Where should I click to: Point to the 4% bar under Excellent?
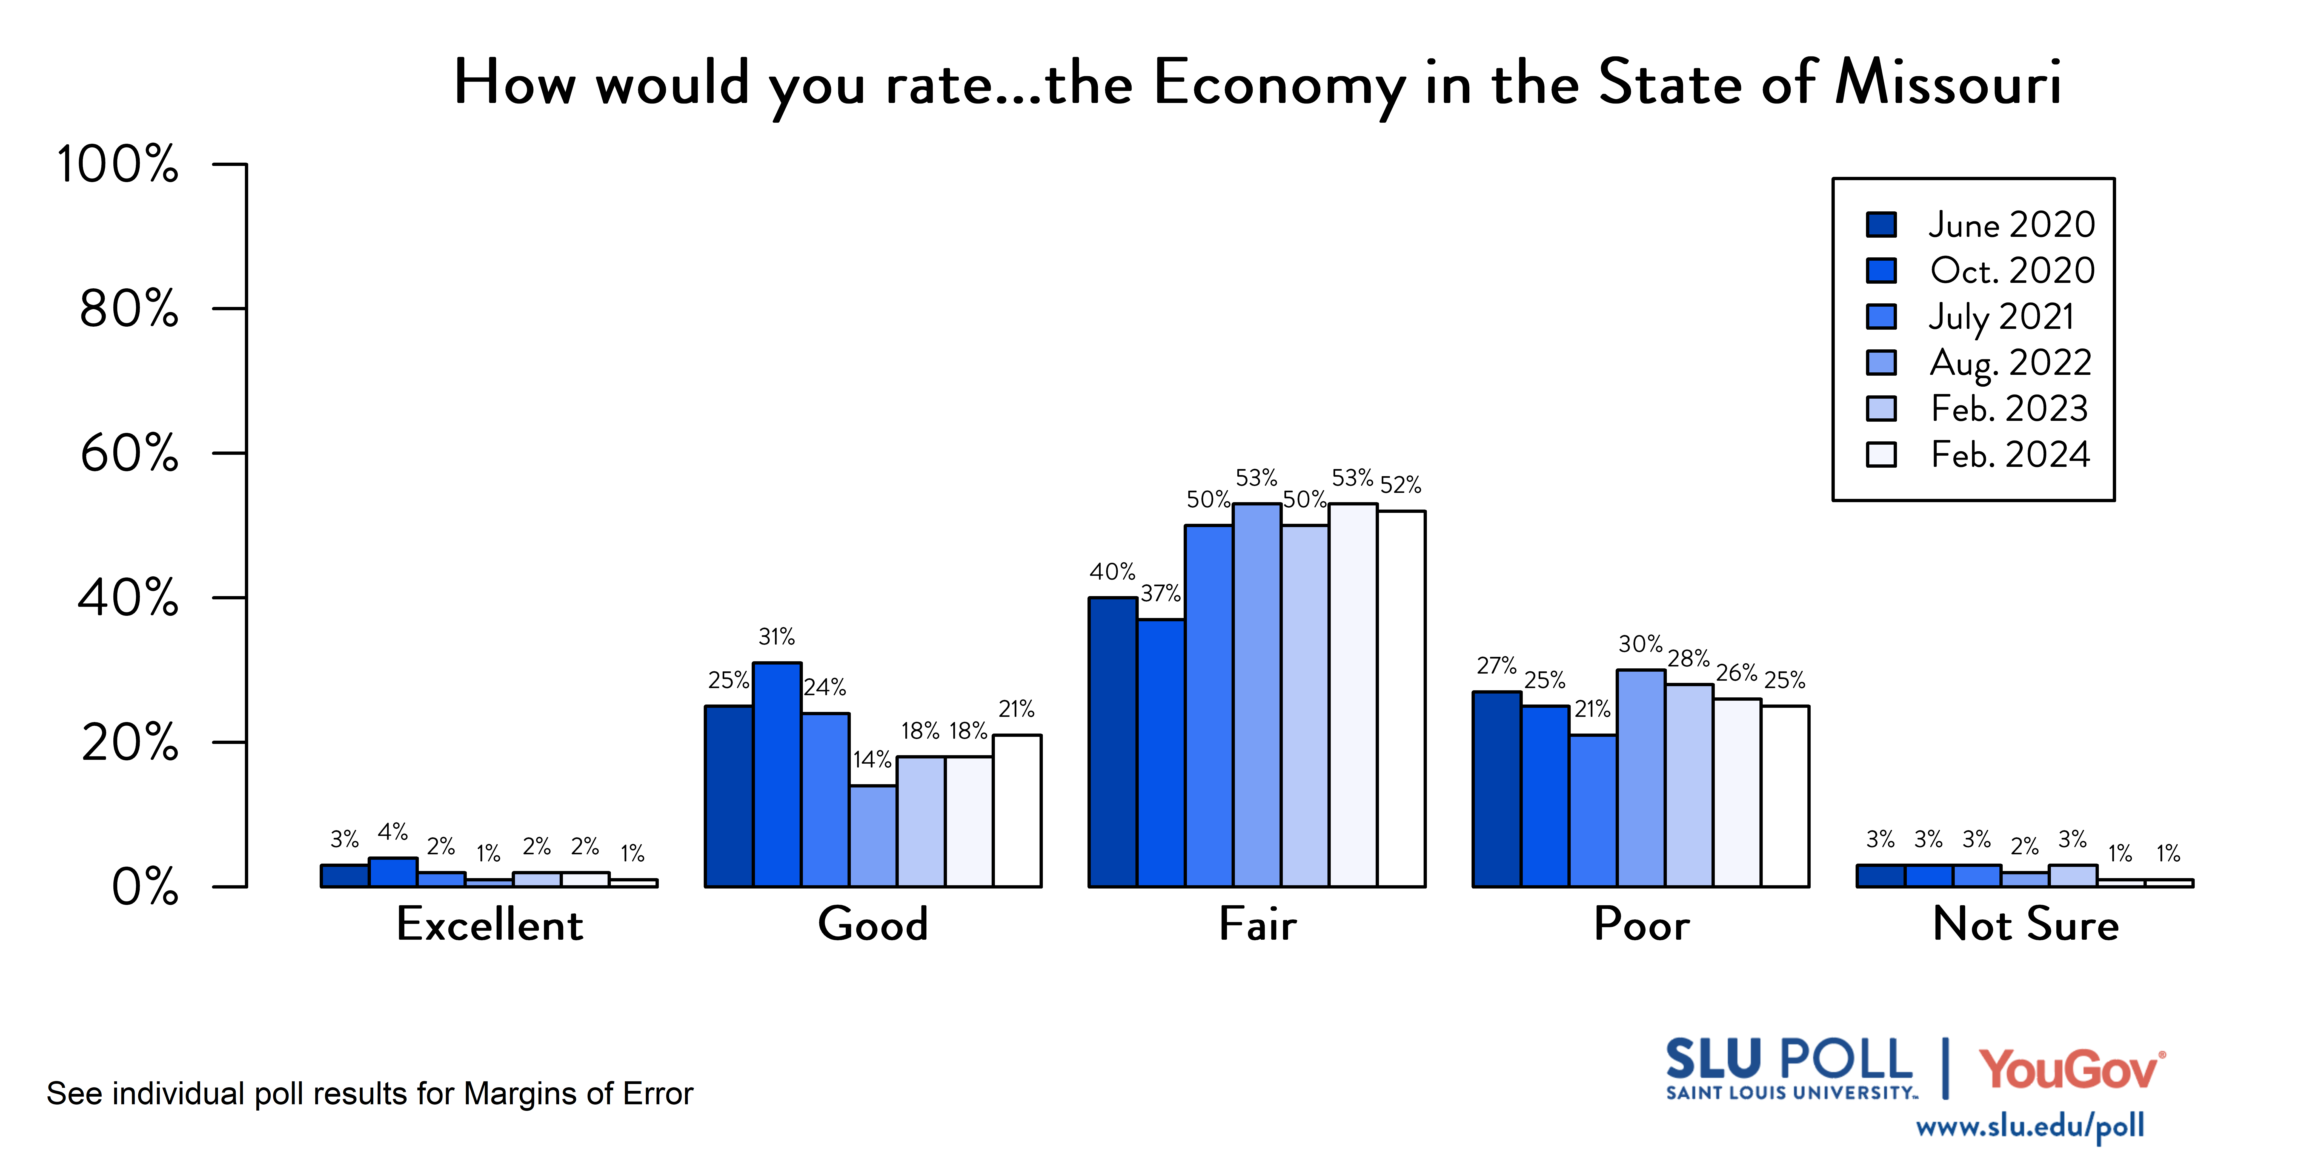[x=393, y=872]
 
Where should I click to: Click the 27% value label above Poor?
[x=1496, y=666]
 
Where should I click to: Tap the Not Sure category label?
[x=2025, y=924]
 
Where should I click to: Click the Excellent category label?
[x=490, y=924]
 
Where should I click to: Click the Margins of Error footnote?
[x=370, y=1094]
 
